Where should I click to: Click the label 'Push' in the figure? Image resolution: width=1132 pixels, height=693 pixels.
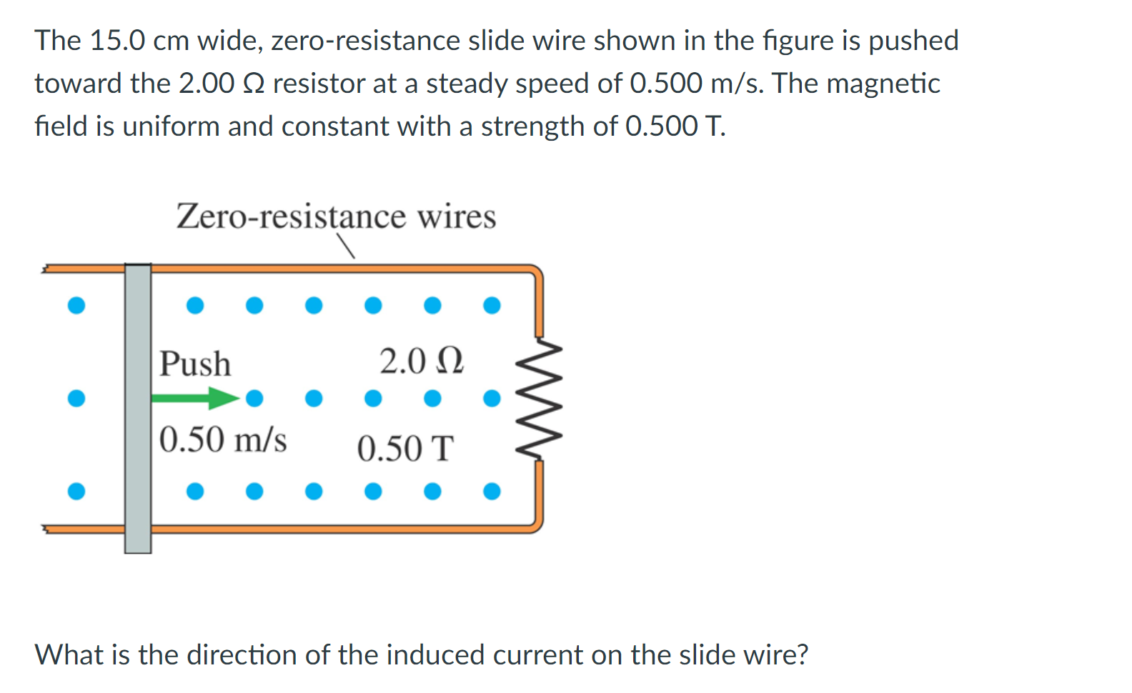[x=195, y=364]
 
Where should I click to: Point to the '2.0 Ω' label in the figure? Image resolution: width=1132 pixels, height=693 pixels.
[x=422, y=362]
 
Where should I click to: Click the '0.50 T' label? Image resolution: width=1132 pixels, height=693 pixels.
[x=405, y=449]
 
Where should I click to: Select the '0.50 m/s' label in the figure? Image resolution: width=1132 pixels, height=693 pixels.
[x=223, y=439]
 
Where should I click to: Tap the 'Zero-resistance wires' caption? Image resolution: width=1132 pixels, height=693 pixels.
[x=336, y=216]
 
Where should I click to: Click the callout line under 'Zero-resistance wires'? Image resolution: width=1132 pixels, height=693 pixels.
[x=347, y=247]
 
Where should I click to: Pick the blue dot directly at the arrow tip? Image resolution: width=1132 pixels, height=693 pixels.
[x=254, y=398]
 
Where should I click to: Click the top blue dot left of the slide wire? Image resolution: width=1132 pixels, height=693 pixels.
[x=76, y=306]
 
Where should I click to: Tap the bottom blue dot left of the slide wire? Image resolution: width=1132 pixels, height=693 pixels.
[x=76, y=492]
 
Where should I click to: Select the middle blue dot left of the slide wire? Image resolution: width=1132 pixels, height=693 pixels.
[x=76, y=398]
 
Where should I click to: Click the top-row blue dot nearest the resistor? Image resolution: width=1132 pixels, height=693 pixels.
[x=492, y=306]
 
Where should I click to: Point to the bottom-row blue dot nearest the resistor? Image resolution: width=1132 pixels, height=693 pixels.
[x=492, y=492]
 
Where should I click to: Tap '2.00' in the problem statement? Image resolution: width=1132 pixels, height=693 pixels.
[x=207, y=84]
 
